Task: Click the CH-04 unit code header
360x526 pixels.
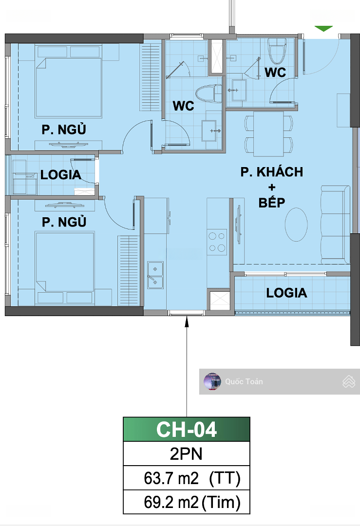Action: pos(187,429)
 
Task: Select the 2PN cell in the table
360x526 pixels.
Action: pos(187,453)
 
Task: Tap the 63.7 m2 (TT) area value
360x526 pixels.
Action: pos(192,478)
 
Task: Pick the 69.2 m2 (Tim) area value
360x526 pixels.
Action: pos(192,502)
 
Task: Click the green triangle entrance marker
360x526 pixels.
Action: pos(323,28)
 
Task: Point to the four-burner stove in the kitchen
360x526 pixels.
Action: pos(217,242)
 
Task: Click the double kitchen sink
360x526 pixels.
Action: pos(155,275)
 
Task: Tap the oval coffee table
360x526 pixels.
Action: pos(296,225)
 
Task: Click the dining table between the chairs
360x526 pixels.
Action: pos(268,134)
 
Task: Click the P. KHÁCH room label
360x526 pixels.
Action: pos(272,172)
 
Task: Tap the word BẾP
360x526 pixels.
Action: pos(272,202)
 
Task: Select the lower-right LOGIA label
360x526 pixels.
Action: pos(286,293)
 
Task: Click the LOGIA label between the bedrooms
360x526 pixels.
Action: pos(61,175)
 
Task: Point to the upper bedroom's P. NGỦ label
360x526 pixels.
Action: pos(64,129)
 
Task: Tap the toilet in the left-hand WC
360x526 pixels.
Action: pos(208,94)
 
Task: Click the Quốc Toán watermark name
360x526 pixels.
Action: pos(244,381)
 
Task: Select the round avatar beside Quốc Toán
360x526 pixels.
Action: pos(212,381)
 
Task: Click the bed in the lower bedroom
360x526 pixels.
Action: pos(65,267)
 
